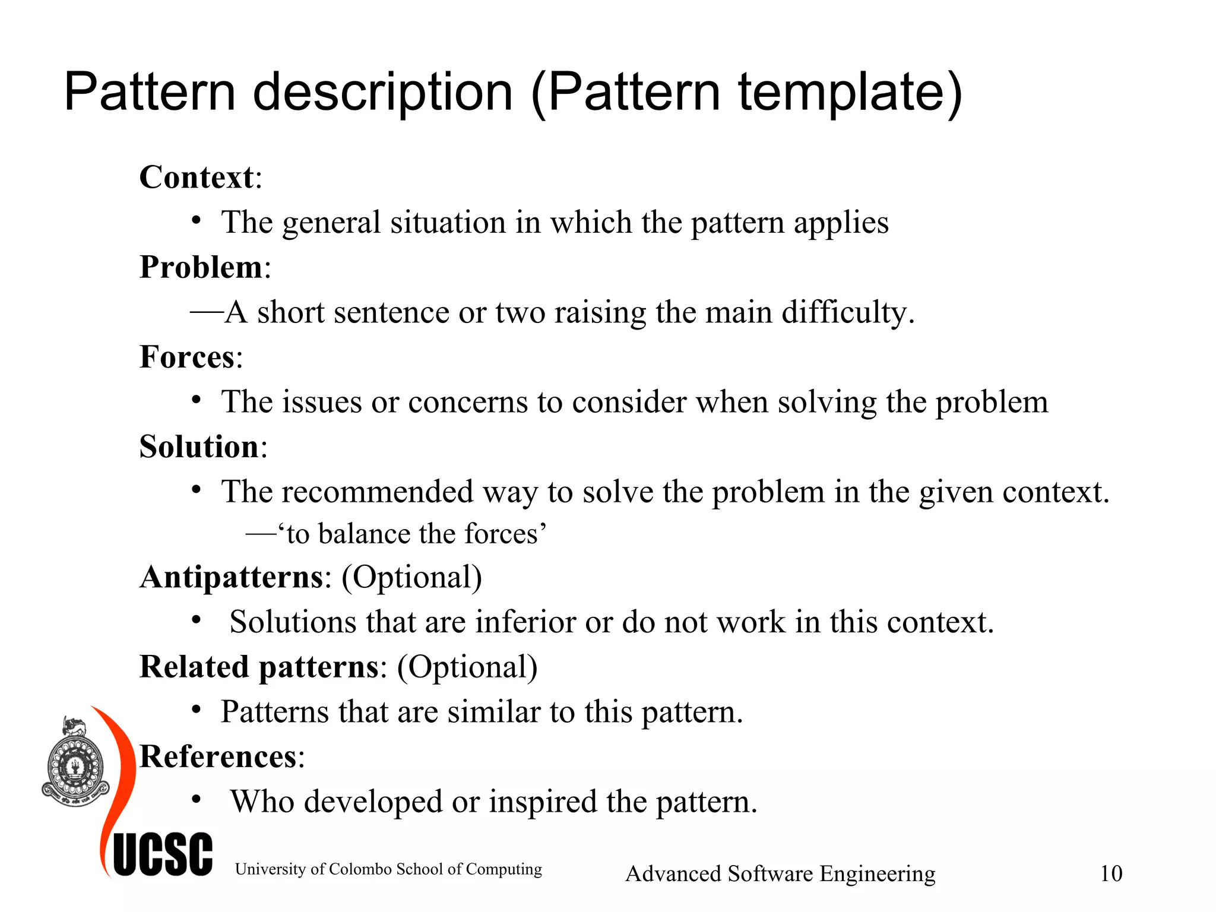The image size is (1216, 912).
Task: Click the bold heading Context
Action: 197,178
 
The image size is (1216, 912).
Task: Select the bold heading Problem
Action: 201,267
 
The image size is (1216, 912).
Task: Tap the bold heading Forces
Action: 187,357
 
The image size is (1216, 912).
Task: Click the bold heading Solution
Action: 199,446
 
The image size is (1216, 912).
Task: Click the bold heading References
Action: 218,757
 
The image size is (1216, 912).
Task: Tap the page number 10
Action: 1111,873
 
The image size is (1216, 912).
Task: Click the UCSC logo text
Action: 163,855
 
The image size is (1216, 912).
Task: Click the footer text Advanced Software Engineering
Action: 780,873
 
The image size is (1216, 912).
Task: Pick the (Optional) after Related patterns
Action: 467,667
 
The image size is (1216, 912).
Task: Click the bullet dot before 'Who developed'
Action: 197,799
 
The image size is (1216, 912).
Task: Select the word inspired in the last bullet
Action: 543,802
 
